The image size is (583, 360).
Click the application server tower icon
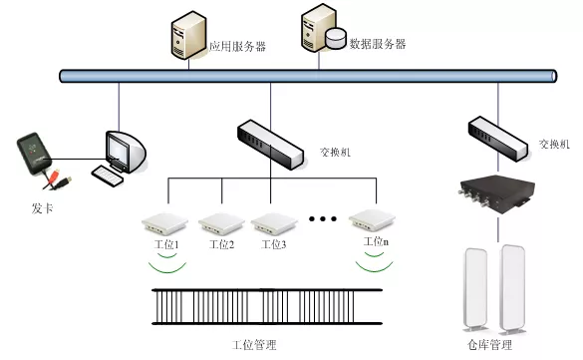click(188, 35)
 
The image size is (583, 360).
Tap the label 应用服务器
click(237, 47)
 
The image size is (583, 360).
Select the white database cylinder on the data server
click(336, 39)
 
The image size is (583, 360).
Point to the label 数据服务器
click(377, 44)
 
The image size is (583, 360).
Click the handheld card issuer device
click(34, 154)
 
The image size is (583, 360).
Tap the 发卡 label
click(42, 208)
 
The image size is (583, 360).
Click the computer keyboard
click(107, 176)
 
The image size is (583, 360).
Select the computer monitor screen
click(119, 150)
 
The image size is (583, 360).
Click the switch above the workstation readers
click(270, 145)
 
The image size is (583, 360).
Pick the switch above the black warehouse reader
click(497, 139)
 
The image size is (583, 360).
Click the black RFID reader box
click(496, 194)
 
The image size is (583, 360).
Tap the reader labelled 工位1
click(164, 223)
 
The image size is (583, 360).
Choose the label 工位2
click(221, 244)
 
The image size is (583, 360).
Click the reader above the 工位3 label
click(274, 224)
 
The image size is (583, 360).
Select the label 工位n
click(376, 242)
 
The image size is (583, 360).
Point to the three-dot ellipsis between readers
click(323, 219)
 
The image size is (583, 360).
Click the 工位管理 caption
click(254, 345)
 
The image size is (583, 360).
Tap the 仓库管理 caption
click(489, 345)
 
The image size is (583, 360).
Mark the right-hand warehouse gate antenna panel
click(513, 288)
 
